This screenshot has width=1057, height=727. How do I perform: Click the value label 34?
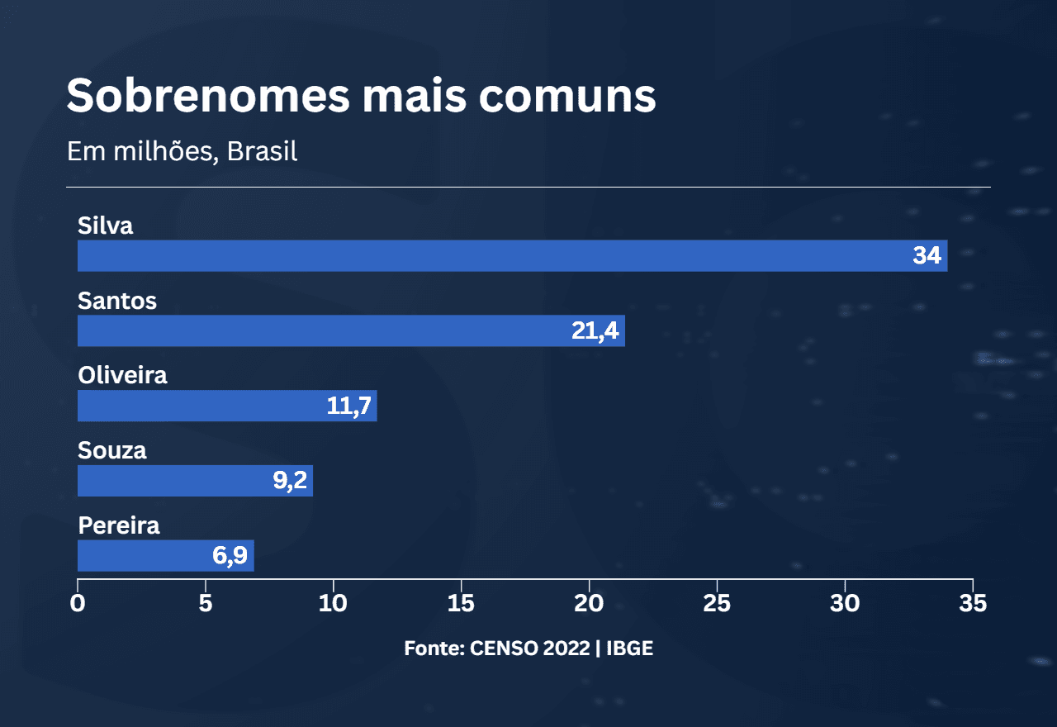927,256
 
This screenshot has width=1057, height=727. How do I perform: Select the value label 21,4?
595,331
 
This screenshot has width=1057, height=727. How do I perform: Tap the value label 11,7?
350,406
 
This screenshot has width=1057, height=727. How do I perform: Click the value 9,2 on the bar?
290,482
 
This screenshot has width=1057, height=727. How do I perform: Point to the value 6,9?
230,556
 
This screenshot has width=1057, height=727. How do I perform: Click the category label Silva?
105,226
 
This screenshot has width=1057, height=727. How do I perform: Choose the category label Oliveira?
122,375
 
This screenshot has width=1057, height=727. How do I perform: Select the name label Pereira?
118,525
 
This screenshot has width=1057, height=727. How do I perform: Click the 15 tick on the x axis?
461,604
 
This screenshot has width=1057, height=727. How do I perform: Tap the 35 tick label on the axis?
973,604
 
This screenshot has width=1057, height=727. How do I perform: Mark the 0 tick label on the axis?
78,604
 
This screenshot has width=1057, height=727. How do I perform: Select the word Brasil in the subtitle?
262,152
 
